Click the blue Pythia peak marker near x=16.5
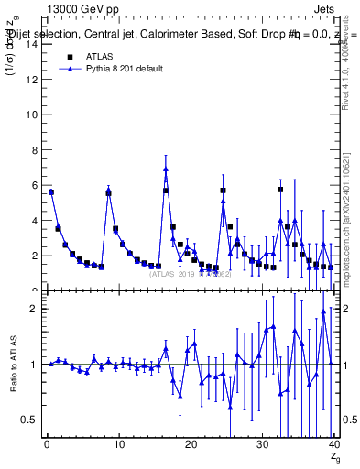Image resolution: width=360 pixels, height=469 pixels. (166, 169)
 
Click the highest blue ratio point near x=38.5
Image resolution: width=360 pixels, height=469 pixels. (323, 311)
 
